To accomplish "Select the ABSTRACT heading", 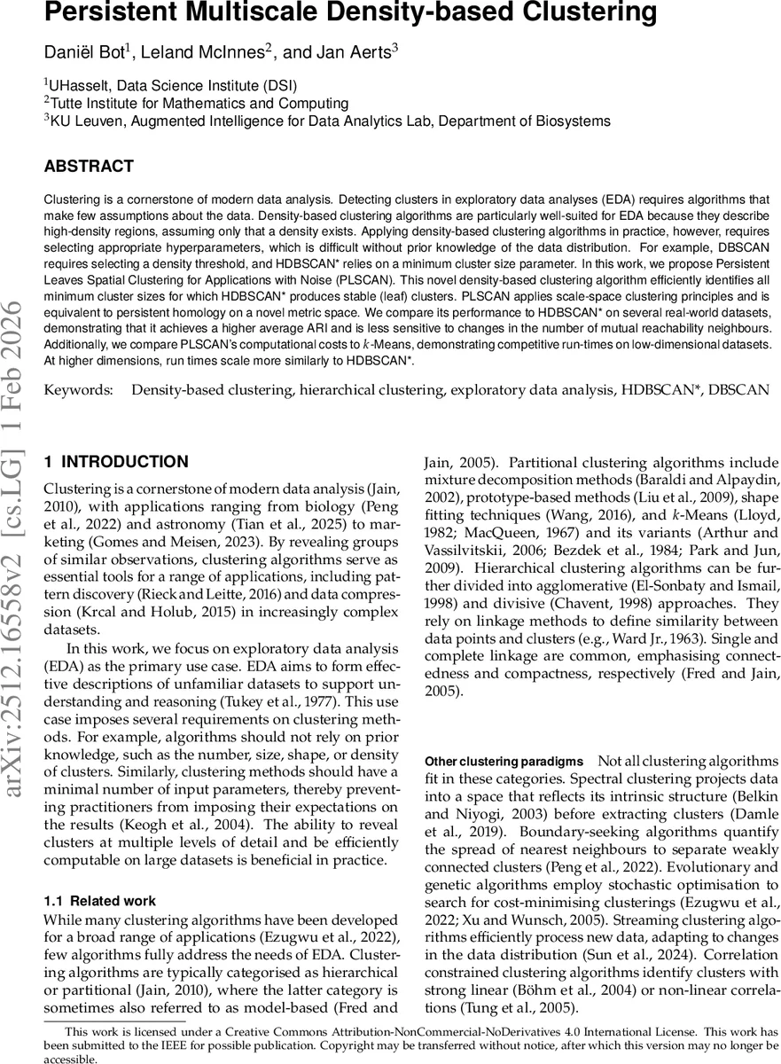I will tap(89, 167).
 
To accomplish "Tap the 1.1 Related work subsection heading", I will tap(99, 901).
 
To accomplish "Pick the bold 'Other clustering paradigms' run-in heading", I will tap(504, 762).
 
